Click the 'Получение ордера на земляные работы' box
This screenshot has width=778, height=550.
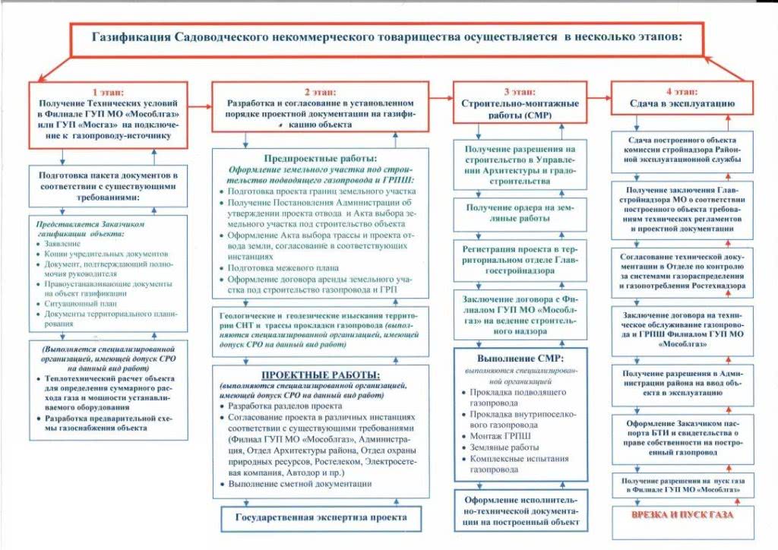coord(519,213)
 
